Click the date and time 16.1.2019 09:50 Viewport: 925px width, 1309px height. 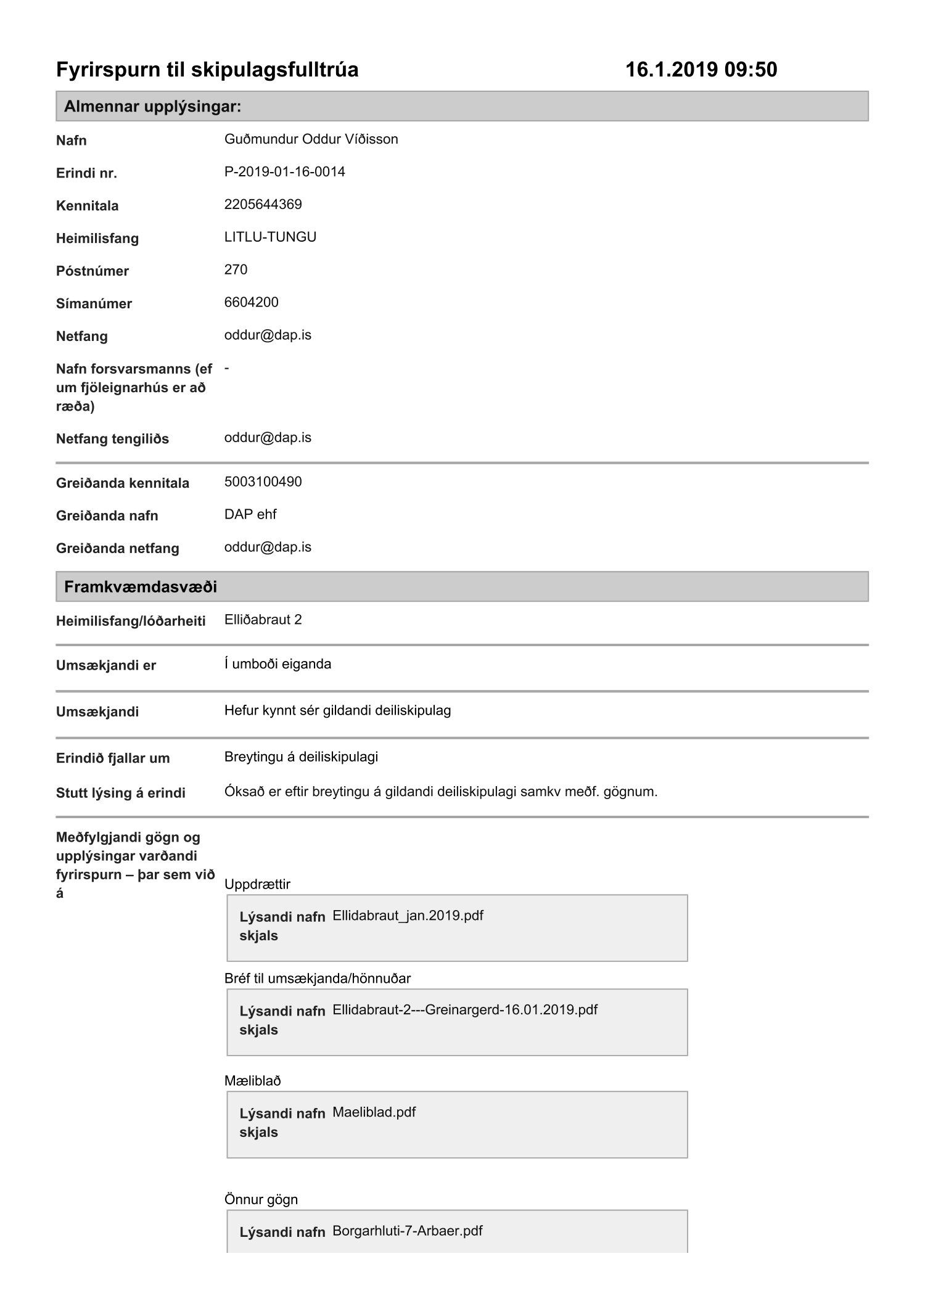pyautogui.click(x=701, y=70)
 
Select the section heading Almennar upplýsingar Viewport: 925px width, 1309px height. pyautogui.click(x=152, y=107)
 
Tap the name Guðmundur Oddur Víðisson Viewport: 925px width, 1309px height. pyautogui.click(x=311, y=139)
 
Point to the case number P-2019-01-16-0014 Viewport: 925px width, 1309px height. pyautogui.click(x=284, y=172)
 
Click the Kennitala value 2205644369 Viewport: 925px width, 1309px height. pyautogui.click(x=263, y=205)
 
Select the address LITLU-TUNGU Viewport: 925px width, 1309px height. pyautogui.click(x=270, y=237)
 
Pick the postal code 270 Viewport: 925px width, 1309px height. pyautogui.click(x=236, y=270)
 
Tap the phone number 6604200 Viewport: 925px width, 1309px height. pyautogui.click(x=251, y=303)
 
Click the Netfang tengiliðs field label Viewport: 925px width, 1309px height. pyautogui.click(x=112, y=439)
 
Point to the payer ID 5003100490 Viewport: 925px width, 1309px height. pyautogui.click(x=263, y=482)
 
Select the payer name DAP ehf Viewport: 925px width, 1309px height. pyautogui.click(x=250, y=515)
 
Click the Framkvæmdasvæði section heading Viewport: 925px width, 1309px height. pyautogui.click(x=141, y=586)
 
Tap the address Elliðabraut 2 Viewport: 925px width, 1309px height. pyautogui.click(x=263, y=620)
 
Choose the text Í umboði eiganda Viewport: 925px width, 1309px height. pyautogui.click(x=277, y=665)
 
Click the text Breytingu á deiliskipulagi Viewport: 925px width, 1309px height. pyautogui.click(x=301, y=757)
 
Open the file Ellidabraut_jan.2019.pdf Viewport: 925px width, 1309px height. pyautogui.click(x=408, y=916)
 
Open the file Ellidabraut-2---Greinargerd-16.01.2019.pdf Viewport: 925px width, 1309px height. pyautogui.click(x=464, y=1010)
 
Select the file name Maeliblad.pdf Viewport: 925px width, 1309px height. pyautogui.click(x=374, y=1112)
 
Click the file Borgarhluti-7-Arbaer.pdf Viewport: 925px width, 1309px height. pyautogui.click(x=407, y=1231)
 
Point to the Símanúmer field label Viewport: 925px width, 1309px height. pyautogui.click(x=94, y=304)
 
